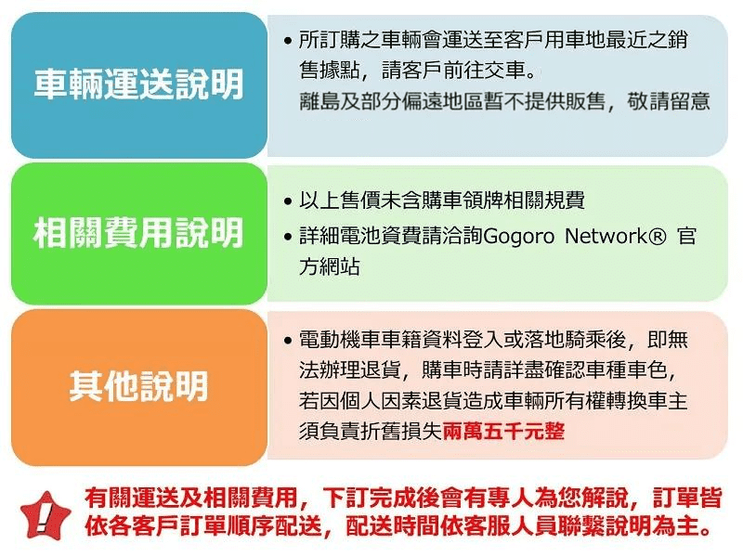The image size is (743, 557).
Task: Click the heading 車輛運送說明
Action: (x=138, y=84)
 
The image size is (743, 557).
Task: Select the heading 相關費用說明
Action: (x=138, y=233)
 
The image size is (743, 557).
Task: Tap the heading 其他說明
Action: (x=138, y=386)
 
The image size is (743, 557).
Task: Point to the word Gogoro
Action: (x=519, y=236)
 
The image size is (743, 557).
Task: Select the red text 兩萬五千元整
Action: (x=503, y=431)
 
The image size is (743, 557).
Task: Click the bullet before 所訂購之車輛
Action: (x=287, y=41)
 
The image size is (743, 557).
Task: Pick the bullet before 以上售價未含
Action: (x=287, y=201)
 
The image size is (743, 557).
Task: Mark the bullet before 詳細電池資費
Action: (x=287, y=237)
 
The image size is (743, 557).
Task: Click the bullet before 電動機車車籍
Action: (x=287, y=341)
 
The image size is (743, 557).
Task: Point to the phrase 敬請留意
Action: (x=668, y=101)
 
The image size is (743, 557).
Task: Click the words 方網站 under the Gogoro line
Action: (x=330, y=266)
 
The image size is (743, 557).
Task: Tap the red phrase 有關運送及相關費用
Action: (x=191, y=498)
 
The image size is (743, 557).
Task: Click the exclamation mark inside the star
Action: (x=44, y=517)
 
